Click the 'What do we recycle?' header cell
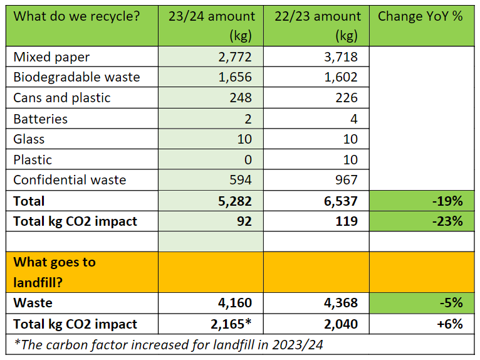76,16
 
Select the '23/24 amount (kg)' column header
212,25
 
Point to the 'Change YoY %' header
420,16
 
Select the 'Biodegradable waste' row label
76,78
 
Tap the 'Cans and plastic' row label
62,98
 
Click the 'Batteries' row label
41,119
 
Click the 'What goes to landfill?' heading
55,272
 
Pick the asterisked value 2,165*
229,324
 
